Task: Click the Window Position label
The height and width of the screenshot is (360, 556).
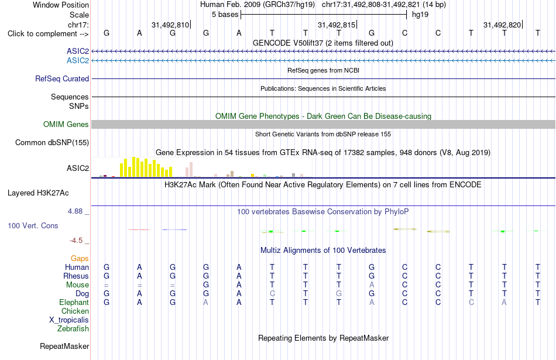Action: [61, 5]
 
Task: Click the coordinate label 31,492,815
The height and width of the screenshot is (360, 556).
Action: [337, 25]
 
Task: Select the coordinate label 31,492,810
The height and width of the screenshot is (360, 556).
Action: [170, 25]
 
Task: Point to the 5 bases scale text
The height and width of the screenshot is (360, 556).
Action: [225, 15]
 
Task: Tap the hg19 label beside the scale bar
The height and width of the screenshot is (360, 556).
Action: [420, 15]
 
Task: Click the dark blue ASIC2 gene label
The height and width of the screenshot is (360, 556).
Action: [78, 51]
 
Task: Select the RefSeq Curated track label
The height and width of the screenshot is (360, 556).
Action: [62, 79]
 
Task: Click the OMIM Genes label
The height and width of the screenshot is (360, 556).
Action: [66, 125]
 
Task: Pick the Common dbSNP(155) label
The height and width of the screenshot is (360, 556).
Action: [52, 143]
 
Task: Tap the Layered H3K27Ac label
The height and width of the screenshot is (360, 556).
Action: [38, 193]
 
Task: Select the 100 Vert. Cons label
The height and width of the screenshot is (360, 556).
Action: [33, 225]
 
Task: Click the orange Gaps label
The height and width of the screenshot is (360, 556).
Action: [80, 259]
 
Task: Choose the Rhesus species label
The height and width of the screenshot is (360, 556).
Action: [76, 276]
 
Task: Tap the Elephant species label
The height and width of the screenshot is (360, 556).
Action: [74, 303]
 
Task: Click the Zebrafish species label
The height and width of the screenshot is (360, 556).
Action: [73, 329]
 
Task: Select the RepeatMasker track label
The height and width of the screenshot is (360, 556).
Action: [64, 346]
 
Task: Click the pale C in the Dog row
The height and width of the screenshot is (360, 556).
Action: [272, 294]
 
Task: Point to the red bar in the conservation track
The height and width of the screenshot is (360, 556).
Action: [139, 230]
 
